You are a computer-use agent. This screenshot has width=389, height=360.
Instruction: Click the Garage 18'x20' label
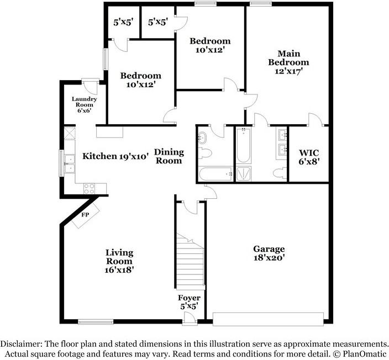pos(269,253)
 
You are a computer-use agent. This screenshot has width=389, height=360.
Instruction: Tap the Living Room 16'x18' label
pos(119,261)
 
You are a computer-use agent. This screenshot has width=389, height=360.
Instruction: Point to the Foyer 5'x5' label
pos(188,302)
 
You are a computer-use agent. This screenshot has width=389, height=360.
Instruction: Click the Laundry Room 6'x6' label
pos(85,104)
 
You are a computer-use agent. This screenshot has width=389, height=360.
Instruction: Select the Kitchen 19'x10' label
pos(115,156)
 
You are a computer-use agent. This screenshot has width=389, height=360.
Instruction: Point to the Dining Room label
pos(169,156)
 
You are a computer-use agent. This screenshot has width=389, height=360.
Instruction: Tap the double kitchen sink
pos(70,163)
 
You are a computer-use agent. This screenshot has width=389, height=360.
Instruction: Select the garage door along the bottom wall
pos(268,319)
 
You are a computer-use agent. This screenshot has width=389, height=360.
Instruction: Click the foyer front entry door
pos(190,317)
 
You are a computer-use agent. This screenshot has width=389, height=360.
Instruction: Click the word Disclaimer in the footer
pos(23,343)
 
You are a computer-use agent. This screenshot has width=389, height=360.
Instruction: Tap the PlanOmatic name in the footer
pos(366,353)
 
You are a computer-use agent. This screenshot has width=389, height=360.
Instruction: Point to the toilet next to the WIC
pos(280,173)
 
